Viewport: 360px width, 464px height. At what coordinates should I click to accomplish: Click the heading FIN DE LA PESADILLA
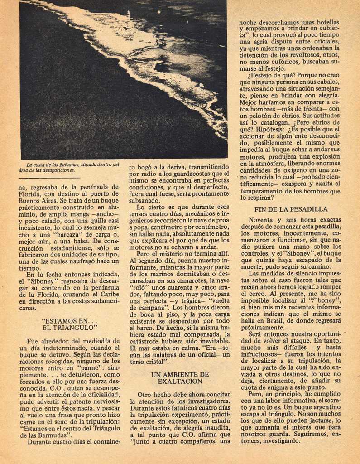click(291, 209)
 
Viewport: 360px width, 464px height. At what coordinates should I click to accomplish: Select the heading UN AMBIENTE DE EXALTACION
click(180, 378)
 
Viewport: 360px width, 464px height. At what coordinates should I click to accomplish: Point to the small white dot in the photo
click(159, 12)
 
